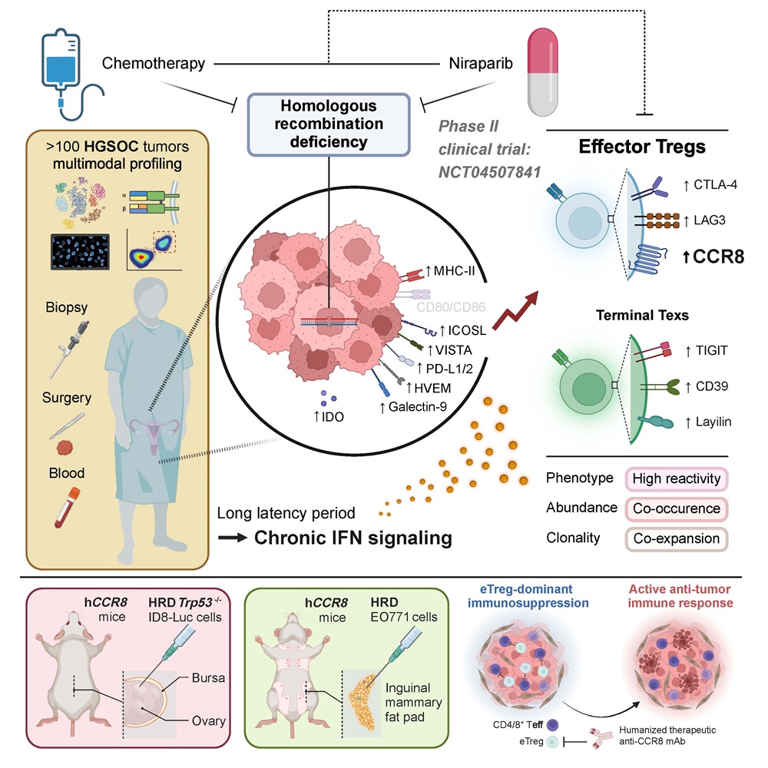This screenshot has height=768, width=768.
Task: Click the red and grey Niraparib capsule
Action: (543, 72)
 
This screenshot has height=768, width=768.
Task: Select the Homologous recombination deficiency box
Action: (329, 124)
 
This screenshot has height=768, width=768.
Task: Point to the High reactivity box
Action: (677, 478)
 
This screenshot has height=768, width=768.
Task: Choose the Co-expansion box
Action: (677, 539)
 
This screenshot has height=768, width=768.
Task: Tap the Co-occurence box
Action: (677, 509)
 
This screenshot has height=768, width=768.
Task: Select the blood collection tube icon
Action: (67, 507)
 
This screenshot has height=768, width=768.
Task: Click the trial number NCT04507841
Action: (489, 172)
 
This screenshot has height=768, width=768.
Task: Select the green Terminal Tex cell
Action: (585, 386)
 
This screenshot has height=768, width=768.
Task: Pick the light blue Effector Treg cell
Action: (583, 221)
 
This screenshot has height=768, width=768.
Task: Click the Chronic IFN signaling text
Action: (353, 538)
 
